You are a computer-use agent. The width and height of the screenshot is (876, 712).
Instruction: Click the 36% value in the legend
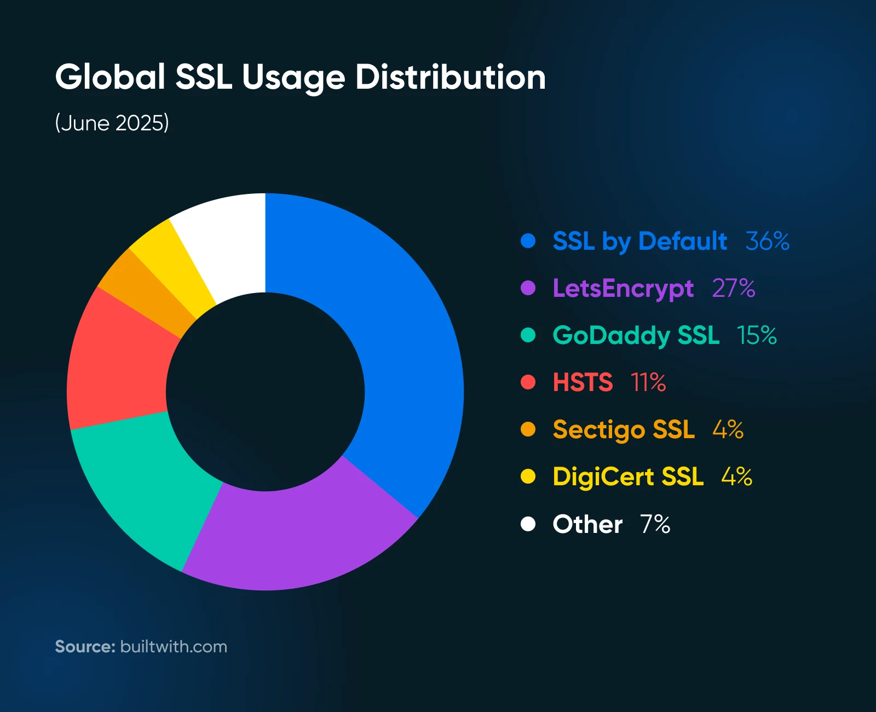[767, 241]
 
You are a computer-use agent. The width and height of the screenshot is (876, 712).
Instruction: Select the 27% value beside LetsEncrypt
[733, 288]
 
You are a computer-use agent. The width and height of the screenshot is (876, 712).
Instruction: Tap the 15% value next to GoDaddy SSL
[757, 335]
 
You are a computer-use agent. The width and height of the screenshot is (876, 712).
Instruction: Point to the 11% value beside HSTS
[648, 382]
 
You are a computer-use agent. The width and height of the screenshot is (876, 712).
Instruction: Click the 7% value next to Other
[655, 524]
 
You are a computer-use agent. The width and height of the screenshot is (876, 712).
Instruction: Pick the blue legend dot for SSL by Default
[528, 241]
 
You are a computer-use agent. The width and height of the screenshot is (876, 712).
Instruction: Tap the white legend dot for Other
[528, 524]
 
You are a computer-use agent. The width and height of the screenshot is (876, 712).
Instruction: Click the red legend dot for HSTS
[528, 382]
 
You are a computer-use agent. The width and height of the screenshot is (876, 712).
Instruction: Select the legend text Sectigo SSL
[624, 429]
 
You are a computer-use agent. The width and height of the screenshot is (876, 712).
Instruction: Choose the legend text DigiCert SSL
[628, 477]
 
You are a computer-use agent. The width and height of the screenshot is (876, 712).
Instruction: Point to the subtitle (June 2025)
[112, 123]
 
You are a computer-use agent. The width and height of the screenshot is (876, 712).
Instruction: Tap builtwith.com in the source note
[174, 647]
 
